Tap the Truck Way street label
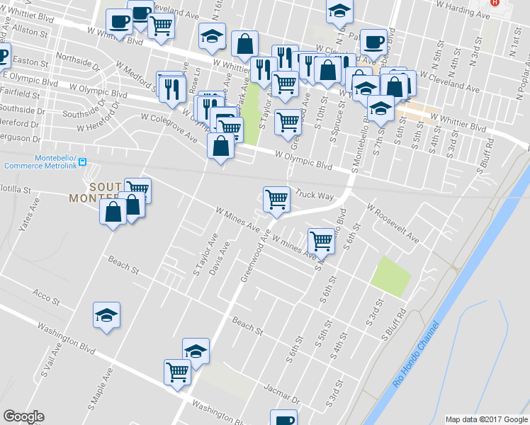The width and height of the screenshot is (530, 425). [315, 195]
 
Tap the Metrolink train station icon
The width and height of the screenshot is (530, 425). [84, 161]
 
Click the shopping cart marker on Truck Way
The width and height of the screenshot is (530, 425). [276, 199]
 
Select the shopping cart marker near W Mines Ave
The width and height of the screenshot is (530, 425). [322, 240]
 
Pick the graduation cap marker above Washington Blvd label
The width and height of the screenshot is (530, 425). [106, 316]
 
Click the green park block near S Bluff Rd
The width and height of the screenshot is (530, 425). [390, 276]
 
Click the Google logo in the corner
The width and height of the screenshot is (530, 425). [24, 416]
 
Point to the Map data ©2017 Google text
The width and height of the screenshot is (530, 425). [485, 419]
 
